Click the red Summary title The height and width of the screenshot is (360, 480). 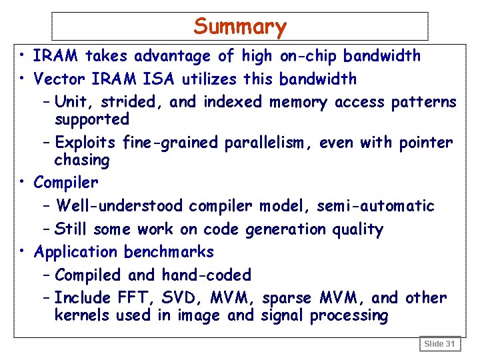tap(240, 27)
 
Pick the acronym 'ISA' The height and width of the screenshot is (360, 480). tap(157, 79)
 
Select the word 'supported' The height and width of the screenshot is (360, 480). tap(91, 119)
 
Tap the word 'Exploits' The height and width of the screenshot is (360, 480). tap(86, 143)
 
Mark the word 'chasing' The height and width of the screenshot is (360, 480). tap(81, 160)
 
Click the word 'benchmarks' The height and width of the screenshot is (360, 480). tap(169, 252)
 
